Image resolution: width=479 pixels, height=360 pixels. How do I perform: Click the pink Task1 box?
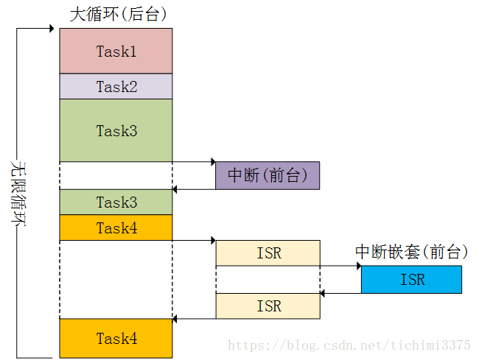click(x=116, y=51)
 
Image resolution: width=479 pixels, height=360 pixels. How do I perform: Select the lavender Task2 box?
click(x=116, y=86)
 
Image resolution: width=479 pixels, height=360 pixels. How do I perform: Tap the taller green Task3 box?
click(x=116, y=130)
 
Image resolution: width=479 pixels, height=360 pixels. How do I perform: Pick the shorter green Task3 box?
click(x=116, y=202)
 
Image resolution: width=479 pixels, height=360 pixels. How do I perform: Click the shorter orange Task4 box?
click(x=116, y=227)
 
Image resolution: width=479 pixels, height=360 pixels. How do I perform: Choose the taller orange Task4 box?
click(x=116, y=339)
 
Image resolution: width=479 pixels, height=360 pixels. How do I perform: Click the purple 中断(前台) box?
click(x=268, y=175)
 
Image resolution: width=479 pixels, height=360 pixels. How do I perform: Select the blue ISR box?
click(x=411, y=280)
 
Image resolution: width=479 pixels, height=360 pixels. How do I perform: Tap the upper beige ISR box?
click(x=268, y=253)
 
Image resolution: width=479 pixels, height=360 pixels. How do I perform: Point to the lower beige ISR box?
click(x=268, y=306)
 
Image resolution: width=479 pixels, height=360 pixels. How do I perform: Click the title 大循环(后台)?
click(x=118, y=14)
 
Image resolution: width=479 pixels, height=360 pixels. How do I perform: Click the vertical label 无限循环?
click(x=18, y=194)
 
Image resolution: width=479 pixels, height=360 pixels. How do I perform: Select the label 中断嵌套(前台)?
click(x=411, y=252)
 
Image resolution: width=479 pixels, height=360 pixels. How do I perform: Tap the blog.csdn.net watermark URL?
click(x=349, y=345)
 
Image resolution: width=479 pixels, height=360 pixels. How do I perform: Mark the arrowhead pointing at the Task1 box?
click(x=52, y=29)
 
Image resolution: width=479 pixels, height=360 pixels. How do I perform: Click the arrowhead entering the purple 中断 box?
click(x=214, y=162)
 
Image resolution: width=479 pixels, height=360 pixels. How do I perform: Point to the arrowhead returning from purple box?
click(x=175, y=189)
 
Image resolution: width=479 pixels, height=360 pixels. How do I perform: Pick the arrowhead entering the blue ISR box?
click(x=360, y=266)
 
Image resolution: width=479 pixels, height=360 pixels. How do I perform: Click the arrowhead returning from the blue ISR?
click(x=322, y=294)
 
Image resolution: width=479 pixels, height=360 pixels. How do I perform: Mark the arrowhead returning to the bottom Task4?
click(x=175, y=319)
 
